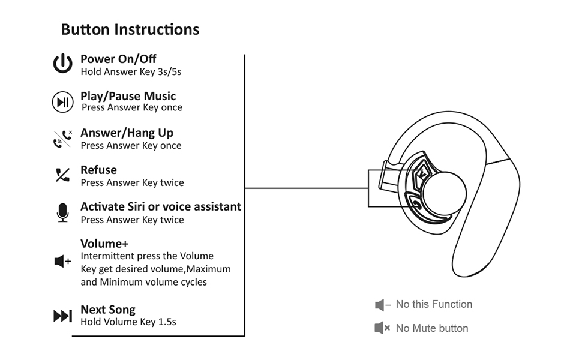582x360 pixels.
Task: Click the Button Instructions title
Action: point(130,29)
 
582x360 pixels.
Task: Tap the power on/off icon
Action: point(62,64)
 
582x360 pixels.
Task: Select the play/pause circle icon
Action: point(62,102)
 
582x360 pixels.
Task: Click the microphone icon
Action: point(62,212)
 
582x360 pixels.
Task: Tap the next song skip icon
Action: point(62,316)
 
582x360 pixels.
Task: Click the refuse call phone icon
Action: point(62,175)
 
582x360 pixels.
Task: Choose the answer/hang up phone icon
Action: point(62,139)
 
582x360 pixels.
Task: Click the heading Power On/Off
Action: point(118,59)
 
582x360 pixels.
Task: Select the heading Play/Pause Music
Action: point(128,96)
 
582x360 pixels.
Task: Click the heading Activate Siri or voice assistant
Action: point(161,206)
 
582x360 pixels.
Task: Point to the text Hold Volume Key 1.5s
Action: point(128,322)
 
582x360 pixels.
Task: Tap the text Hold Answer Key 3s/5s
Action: point(131,72)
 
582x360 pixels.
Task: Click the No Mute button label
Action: point(432,328)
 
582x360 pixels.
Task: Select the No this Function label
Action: point(434,304)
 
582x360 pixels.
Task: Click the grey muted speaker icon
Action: point(382,328)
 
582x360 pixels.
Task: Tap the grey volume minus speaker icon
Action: point(382,305)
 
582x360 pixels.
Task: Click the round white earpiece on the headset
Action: point(443,193)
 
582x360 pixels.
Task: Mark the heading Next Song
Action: point(108,310)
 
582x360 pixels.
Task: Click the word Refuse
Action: point(98,170)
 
